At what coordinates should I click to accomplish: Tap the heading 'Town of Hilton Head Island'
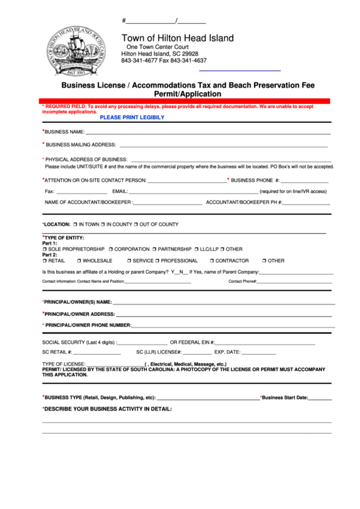(x=177, y=38)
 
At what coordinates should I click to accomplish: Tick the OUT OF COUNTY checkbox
(x=136, y=224)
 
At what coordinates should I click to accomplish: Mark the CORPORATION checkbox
(x=111, y=249)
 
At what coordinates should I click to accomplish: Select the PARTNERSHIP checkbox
(x=155, y=249)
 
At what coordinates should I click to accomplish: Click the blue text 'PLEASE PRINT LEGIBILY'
(x=132, y=118)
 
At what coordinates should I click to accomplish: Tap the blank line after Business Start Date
(x=320, y=399)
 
